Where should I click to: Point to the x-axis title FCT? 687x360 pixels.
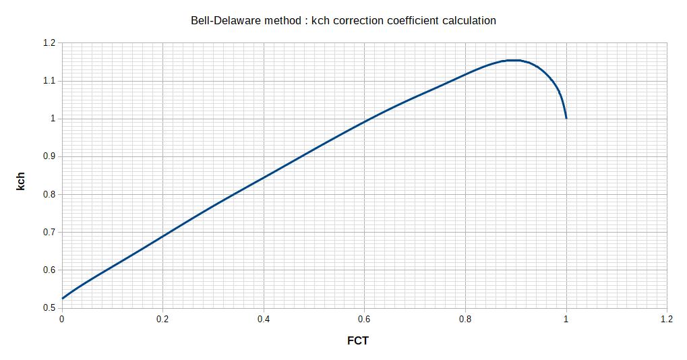[x=357, y=340]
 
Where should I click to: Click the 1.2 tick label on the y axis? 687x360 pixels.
[x=48, y=42]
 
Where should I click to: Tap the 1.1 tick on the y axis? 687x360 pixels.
[x=48, y=81]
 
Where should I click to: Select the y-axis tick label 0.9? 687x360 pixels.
[x=48, y=156]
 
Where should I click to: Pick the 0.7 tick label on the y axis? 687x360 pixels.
[x=48, y=232]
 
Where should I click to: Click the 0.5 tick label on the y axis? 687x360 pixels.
[x=48, y=308]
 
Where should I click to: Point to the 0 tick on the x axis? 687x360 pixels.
[x=62, y=320]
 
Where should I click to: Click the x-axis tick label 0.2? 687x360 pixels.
[x=162, y=320]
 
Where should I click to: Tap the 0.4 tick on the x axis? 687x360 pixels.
[x=264, y=320]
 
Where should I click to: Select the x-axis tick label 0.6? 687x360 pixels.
[x=364, y=320]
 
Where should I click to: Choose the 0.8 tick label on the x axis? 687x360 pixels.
[x=465, y=320]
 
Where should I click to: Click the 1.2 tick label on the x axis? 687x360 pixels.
[x=667, y=320]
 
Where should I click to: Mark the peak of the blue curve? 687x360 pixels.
[x=514, y=60]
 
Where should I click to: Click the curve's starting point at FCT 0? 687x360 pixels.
[x=62, y=298]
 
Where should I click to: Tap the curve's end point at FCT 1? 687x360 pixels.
[x=566, y=118]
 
